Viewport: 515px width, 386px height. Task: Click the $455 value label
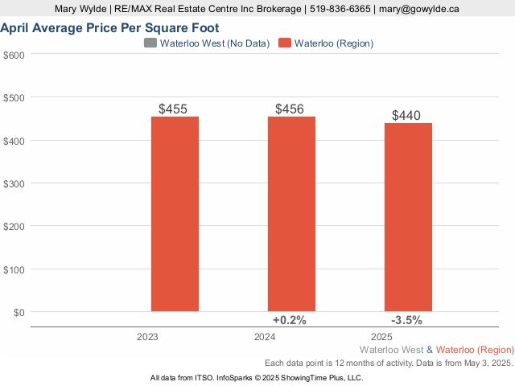(x=175, y=109)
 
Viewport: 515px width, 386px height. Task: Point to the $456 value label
(x=291, y=109)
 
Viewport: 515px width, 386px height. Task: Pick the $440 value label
(x=407, y=115)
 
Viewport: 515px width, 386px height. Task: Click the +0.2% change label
(x=290, y=320)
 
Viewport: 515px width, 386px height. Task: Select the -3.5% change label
(x=406, y=320)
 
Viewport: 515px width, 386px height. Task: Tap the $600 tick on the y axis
(x=14, y=55)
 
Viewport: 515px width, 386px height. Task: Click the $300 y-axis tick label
(x=14, y=183)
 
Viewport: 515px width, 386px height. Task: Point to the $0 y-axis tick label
(x=19, y=312)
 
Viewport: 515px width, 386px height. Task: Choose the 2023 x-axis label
(x=148, y=338)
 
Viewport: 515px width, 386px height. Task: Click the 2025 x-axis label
(x=381, y=338)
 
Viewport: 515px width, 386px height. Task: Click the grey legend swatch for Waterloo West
(x=150, y=43)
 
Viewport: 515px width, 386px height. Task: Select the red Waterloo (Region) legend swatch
(x=285, y=43)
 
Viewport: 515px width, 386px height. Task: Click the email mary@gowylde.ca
(x=419, y=9)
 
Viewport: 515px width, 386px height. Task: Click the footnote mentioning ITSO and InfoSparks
(x=257, y=377)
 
